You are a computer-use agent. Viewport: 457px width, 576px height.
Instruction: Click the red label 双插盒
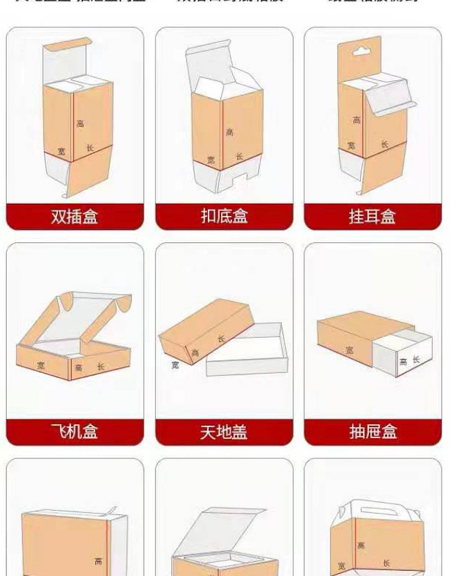pos(75,217)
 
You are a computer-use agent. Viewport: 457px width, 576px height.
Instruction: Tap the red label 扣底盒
pos(224,217)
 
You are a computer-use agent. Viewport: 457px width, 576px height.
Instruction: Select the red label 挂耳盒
pos(372,217)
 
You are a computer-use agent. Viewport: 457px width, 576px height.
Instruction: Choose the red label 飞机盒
pos(75,432)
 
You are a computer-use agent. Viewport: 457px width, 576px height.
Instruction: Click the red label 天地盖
pos(224,432)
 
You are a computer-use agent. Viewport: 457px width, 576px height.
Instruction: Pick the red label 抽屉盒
pos(372,432)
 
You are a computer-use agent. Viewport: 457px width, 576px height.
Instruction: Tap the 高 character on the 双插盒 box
pos(80,123)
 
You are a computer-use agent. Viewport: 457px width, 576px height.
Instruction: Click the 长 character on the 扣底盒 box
pos(239,156)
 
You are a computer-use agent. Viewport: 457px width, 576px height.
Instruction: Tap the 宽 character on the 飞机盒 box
pos(42,366)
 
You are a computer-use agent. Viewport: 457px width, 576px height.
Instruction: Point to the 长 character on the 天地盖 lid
pos(221,339)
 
